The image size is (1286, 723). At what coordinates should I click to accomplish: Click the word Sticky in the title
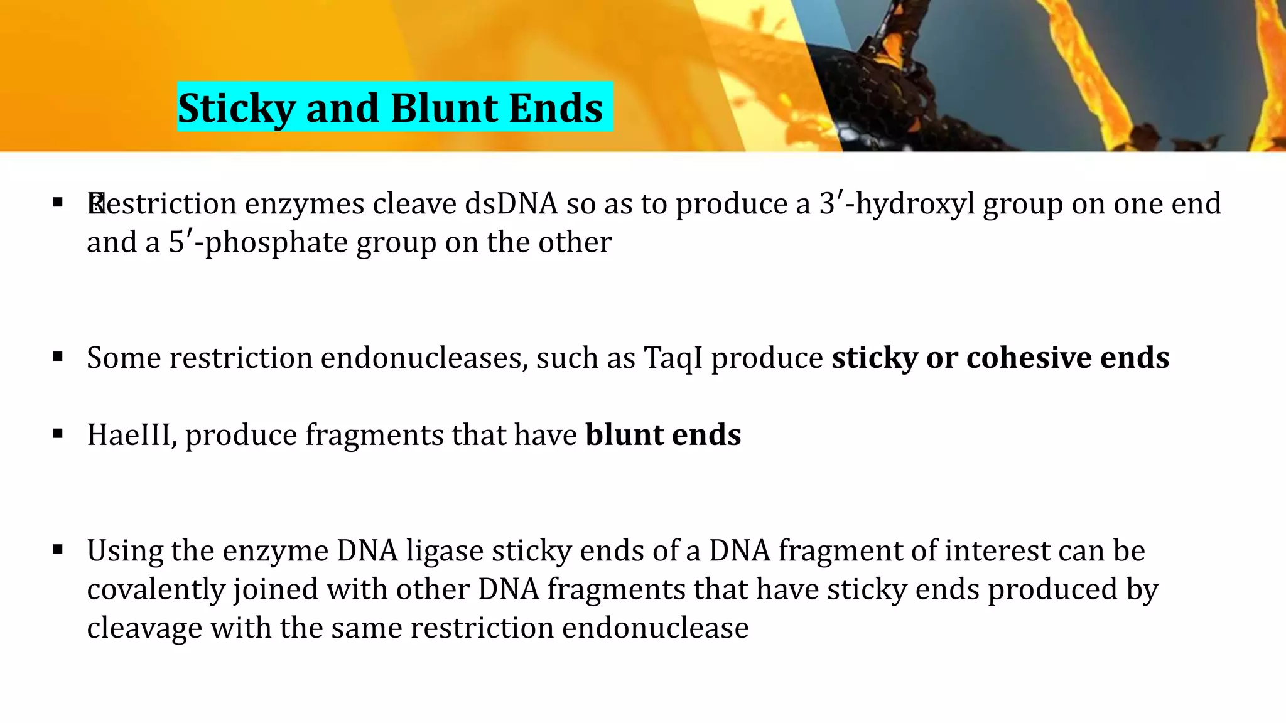(237, 109)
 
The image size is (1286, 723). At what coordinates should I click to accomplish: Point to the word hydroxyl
(915, 204)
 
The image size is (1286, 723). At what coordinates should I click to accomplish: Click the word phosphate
(276, 243)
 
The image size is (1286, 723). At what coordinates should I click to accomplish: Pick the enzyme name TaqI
(673, 358)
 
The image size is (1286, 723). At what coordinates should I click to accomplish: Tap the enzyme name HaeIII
(131, 435)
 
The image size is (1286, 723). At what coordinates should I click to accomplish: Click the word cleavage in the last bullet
(144, 628)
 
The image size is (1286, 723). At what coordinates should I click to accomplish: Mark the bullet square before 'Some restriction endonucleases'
(58, 358)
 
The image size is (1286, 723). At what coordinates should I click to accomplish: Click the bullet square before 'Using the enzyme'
(58, 550)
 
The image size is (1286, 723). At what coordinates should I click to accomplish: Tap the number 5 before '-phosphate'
(176, 243)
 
